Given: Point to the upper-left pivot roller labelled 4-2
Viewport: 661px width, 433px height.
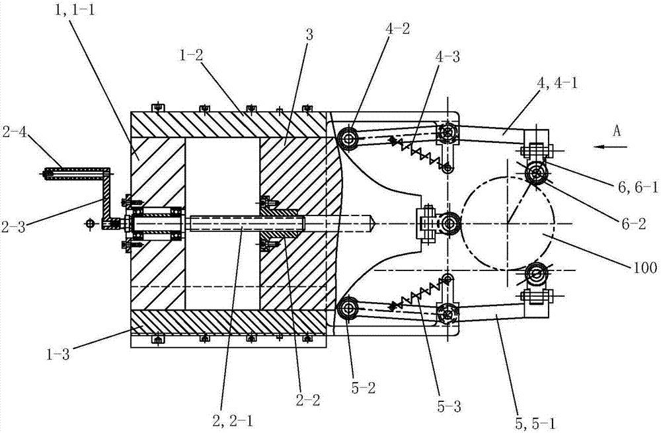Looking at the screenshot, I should pos(347,139).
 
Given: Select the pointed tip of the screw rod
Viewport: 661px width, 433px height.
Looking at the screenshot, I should pos(375,223).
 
